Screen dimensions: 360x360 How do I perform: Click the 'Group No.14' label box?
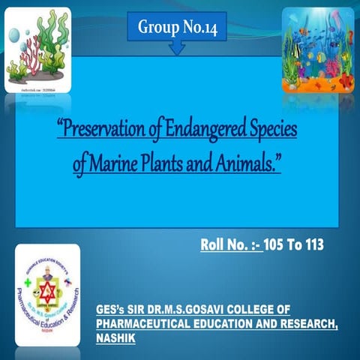(178, 27)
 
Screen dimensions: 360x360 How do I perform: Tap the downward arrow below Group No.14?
(178, 49)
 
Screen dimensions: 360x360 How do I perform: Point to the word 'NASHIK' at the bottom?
(115, 338)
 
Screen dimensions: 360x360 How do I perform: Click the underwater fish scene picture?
(317, 49)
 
